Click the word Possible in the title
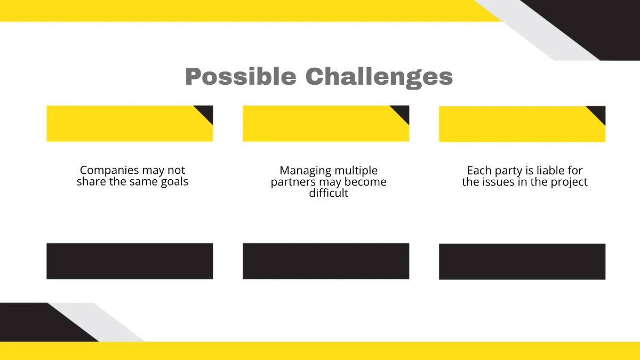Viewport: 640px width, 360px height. (240, 77)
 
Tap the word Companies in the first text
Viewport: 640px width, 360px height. (109, 170)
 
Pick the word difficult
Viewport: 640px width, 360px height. (329, 193)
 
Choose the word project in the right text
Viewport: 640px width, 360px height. (569, 182)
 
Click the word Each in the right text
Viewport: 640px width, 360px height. (478, 171)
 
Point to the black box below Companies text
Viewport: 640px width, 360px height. (130, 261)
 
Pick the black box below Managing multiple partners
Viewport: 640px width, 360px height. (326, 261)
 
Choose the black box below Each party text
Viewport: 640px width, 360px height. (522, 261)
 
